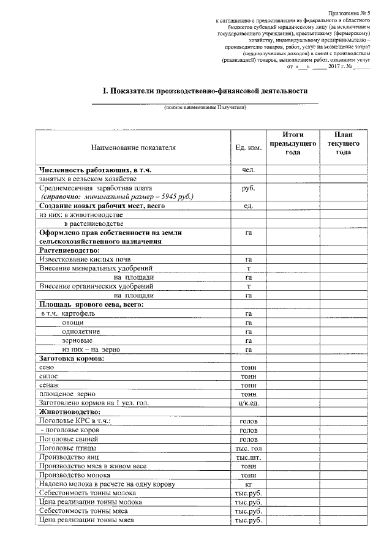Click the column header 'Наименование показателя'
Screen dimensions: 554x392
point(134,148)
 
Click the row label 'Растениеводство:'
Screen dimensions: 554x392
point(69,250)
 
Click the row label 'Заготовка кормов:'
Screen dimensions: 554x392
point(71,358)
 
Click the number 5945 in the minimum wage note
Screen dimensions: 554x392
point(168,197)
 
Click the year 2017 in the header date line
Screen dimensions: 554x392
point(334,66)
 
